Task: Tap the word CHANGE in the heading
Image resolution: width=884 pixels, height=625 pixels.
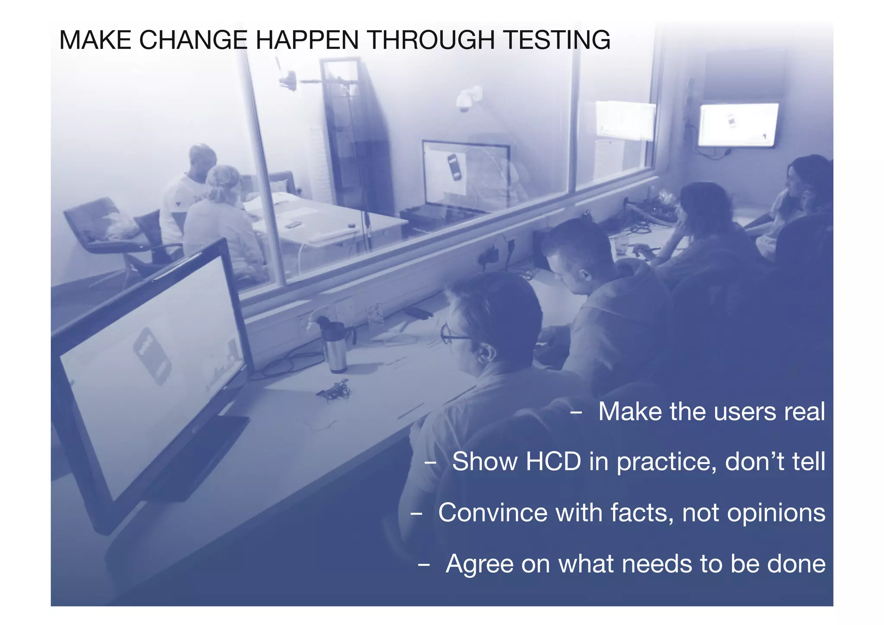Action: (193, 40)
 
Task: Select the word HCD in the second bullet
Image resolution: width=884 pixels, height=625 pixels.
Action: (553, 461)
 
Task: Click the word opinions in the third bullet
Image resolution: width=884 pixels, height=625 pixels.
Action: (776, 513)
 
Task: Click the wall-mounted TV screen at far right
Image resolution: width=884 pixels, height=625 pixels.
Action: (739, 125)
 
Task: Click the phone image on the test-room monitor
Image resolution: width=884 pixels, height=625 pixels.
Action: (455, 167)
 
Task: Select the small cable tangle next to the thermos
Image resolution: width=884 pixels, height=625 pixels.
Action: (334, 390)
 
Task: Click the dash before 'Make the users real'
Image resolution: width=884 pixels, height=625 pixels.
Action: (576, 412)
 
